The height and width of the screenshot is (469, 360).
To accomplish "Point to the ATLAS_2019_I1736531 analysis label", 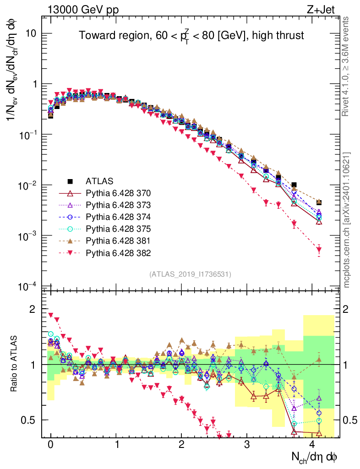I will click(x=190, y=274).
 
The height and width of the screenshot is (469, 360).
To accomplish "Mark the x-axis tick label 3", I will click(x=247, y=445).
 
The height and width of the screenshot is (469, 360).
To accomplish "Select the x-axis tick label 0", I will click(x=51, y=445).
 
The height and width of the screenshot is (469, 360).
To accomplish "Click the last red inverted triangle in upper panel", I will click(x=319, y=250).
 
